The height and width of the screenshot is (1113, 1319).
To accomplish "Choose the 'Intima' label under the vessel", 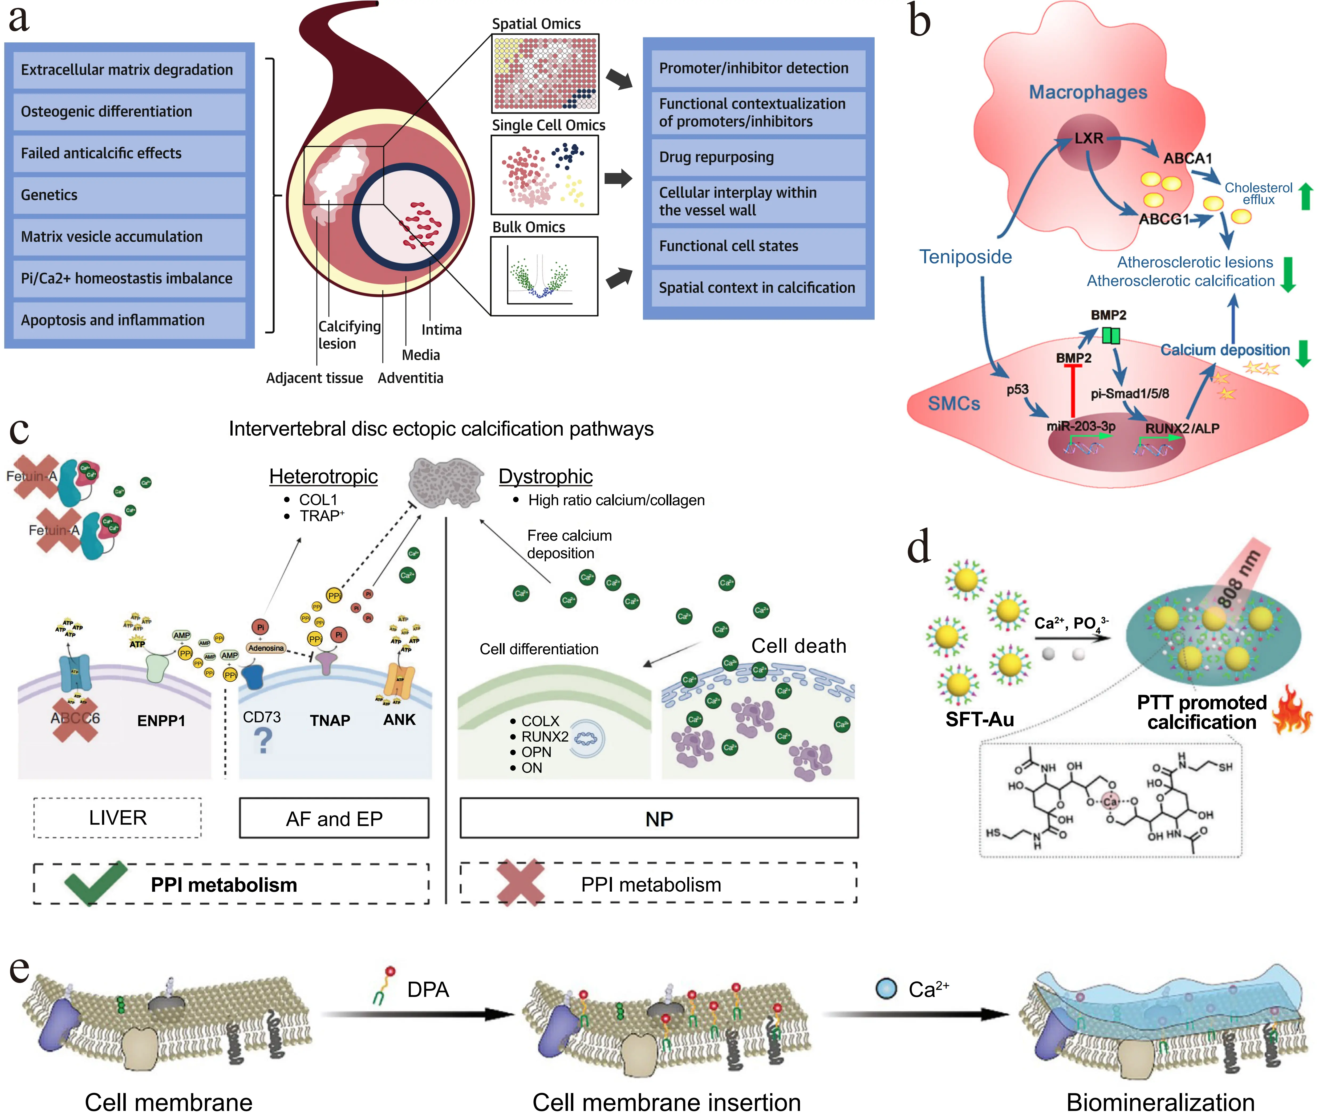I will (441, 330).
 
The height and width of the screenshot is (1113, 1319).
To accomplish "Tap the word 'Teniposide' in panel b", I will (965, 257).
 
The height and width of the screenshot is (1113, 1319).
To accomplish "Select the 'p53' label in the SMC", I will (1017, 389).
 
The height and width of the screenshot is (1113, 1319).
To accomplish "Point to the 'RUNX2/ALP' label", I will (1182, 428).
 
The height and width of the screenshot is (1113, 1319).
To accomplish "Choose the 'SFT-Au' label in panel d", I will (980, 719).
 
